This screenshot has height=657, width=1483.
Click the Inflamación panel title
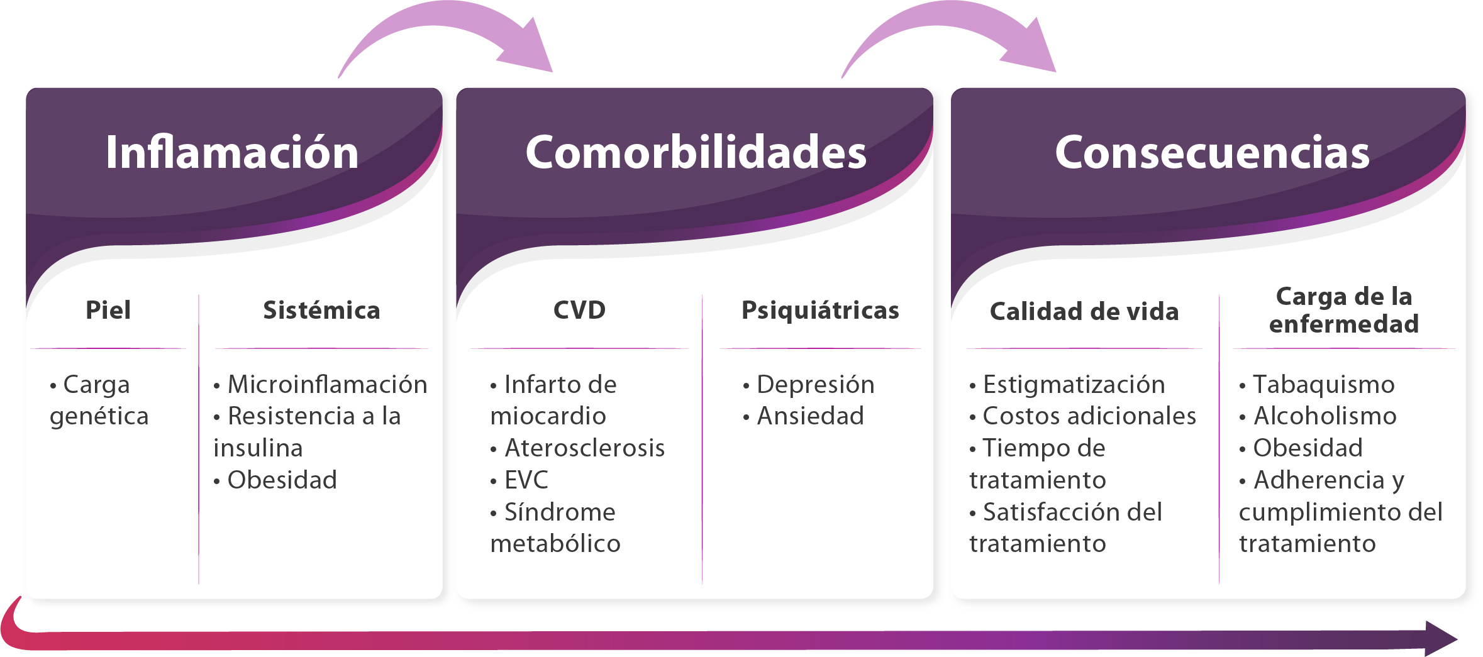[232, 152]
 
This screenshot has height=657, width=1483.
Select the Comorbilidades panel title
[696, 152]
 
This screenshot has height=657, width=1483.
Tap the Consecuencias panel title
[1212, 152]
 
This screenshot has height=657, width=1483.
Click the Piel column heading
[108, 310]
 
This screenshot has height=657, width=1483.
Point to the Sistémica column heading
[321, 310]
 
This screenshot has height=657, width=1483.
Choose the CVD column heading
[579, 310]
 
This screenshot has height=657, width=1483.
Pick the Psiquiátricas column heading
[820, 310]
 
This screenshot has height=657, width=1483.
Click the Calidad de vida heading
[1084, 311]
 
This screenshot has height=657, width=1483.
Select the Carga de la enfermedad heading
[1344, 310]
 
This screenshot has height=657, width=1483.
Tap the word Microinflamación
[327, 384]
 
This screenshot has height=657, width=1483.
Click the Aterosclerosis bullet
[577, 448]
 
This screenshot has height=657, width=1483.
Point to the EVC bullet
[519, 480]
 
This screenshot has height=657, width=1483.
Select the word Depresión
[815, 385]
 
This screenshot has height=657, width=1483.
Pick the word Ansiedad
[810, 416]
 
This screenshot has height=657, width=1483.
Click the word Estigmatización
[1074, 385]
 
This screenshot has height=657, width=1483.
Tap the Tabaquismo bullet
[1317, 385]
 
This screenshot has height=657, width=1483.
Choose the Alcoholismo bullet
[1318, 416]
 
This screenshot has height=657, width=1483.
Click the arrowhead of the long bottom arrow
[1440, 639]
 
